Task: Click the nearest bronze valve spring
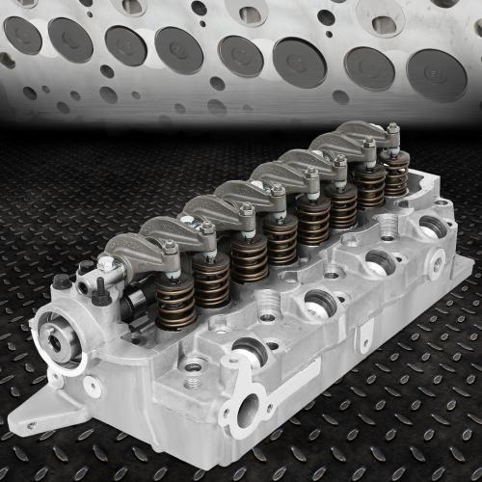pos(175,302)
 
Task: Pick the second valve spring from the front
pos(212,281)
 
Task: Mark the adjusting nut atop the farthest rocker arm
pos(392,127)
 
